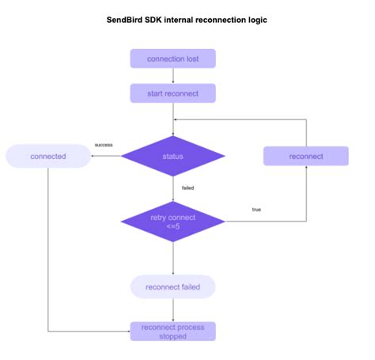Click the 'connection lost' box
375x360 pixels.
point(172,59)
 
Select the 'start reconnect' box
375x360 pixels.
point(172,93)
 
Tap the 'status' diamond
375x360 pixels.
point(172,157)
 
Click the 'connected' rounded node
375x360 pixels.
point(48,156)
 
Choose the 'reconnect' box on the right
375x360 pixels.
point(306,156)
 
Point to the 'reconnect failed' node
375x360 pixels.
point(172,286)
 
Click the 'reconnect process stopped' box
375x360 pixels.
point(172,331)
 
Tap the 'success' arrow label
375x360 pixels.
point(104,145)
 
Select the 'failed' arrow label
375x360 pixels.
point(188,188)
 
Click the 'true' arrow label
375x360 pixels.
point(256,209)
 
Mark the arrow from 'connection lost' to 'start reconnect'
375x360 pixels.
point(172,76)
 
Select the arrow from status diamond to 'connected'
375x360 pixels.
point(107,156)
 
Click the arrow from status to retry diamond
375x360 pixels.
point(172,188)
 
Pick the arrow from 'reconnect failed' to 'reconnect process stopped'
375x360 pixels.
point(172,309)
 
